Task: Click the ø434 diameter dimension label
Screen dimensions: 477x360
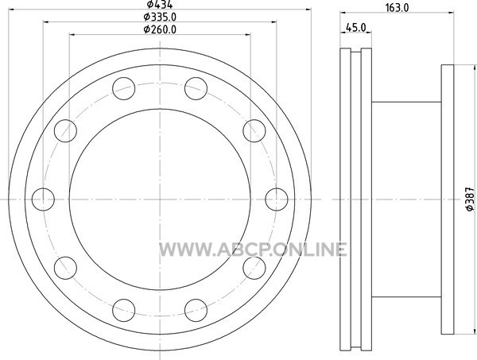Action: coord(160,4)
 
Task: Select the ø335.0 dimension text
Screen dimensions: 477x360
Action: coord(160,17)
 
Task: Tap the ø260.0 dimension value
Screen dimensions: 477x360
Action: coord(160,29)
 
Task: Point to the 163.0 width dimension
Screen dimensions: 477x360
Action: coord(397,8)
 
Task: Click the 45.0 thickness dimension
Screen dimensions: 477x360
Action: coord(356,28)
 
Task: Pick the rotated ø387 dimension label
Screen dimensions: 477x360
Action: coord(470,199)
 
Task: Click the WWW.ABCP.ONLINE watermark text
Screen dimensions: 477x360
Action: coord(253,250)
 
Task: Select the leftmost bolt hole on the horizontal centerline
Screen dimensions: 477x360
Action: coord(43,199)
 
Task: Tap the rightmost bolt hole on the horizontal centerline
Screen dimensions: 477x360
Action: coord(276,199)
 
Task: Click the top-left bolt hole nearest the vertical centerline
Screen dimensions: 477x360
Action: coord(123,88)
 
